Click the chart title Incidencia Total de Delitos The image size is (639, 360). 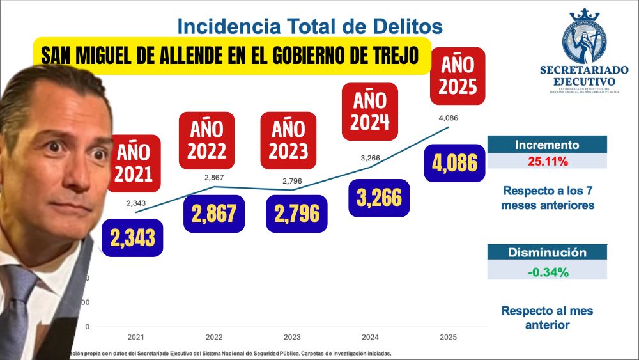(x=310, y=26)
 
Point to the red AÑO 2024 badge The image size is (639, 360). (x=370, y=111)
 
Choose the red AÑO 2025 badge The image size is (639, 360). (x=458, y=75)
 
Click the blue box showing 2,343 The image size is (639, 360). (x=132, y=237)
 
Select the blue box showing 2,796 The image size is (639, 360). (x=296, y=214)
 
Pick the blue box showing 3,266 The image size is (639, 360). (x=380, y=197)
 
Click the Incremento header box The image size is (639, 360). (x=547, y=145)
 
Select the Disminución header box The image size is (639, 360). (x=547, y=253)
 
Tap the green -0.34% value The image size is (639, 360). (x=548, y=272)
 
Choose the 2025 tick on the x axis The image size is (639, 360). (x=448, y=336)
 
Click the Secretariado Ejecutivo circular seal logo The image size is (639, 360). (x=583, y=37)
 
